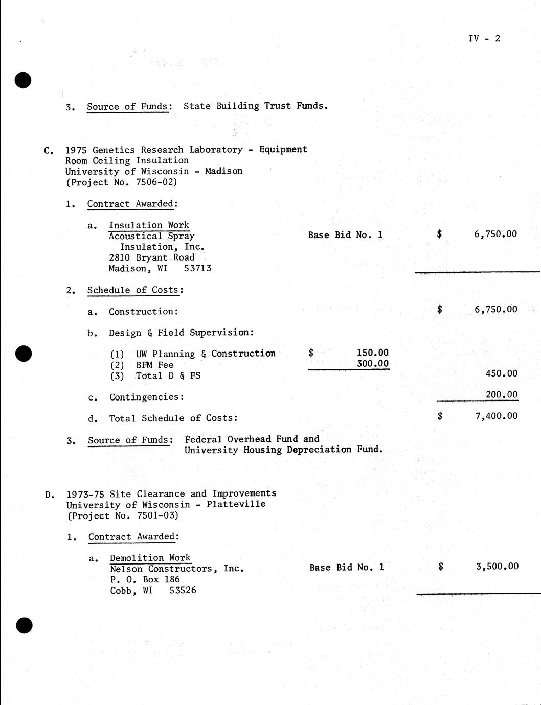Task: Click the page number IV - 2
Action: tap(484, 38)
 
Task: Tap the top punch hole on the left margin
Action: tap(23, 80)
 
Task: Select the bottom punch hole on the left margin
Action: tap(24, 625)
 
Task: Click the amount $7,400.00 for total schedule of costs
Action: tap(496, 416)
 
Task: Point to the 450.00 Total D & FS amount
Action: tap(501, 373)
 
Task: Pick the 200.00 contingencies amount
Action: tap(501, 395)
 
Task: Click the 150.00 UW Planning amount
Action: tap(372, 353)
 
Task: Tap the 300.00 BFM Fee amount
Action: tap(372, 364)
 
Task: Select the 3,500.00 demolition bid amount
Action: tap(497, 566)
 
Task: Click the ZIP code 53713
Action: tap(197, 268)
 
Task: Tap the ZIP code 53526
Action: tap(183, 591)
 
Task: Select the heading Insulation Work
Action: tap(149, 225)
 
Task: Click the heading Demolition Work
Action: tap(150, 558)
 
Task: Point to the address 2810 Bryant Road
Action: tap(151, 257)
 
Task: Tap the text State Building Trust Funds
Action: tap(255, 106)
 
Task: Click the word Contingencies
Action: tap(145, 397)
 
